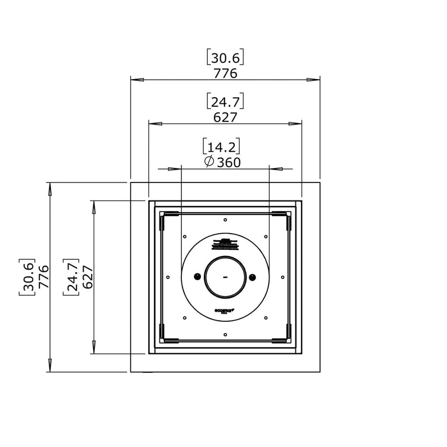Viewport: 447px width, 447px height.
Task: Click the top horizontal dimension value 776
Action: (x=225, y=74)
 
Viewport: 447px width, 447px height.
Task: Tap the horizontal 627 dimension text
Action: (x=225, y=117)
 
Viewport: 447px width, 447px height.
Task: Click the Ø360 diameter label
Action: (x=222, y=162)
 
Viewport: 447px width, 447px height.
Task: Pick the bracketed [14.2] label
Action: (x=221, y=147)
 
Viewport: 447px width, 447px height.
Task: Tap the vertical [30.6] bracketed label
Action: (x=28, y=277)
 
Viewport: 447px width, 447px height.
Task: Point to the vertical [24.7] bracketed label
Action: (x=72, y=277)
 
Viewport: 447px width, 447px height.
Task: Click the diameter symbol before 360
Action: (x=208, y=162)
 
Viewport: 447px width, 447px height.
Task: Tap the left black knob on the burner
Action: (x=197, y=276)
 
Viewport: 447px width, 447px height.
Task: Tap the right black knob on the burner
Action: (x=252, y=276)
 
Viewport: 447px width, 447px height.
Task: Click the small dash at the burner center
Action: (x=225, y=277)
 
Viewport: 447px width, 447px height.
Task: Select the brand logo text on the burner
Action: (x=225, y=309)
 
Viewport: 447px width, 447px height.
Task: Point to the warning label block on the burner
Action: (x=225, y=244)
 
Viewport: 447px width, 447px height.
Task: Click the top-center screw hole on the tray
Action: (x=225, y=220)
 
